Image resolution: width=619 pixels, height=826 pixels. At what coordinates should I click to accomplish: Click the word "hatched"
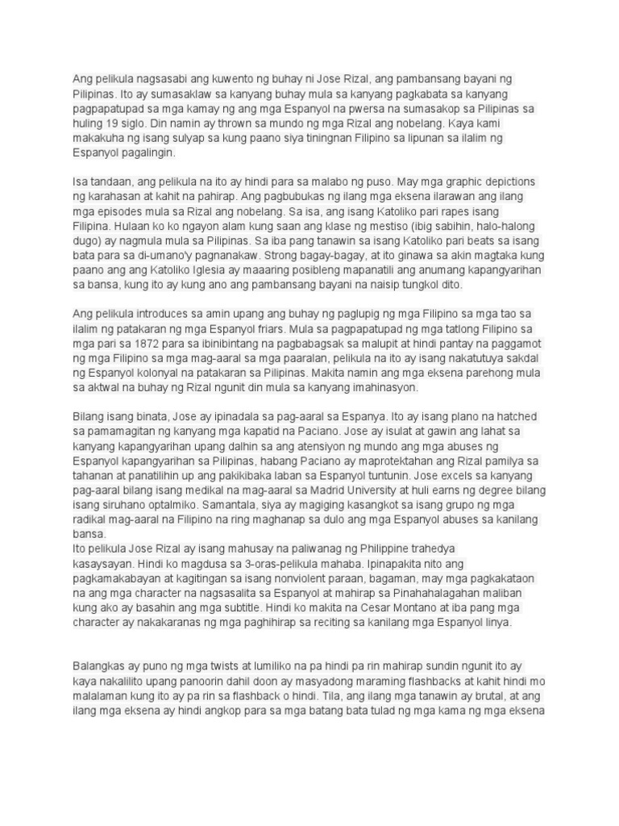click(516, 416)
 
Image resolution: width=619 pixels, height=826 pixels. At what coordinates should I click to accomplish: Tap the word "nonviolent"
click(316, 578)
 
